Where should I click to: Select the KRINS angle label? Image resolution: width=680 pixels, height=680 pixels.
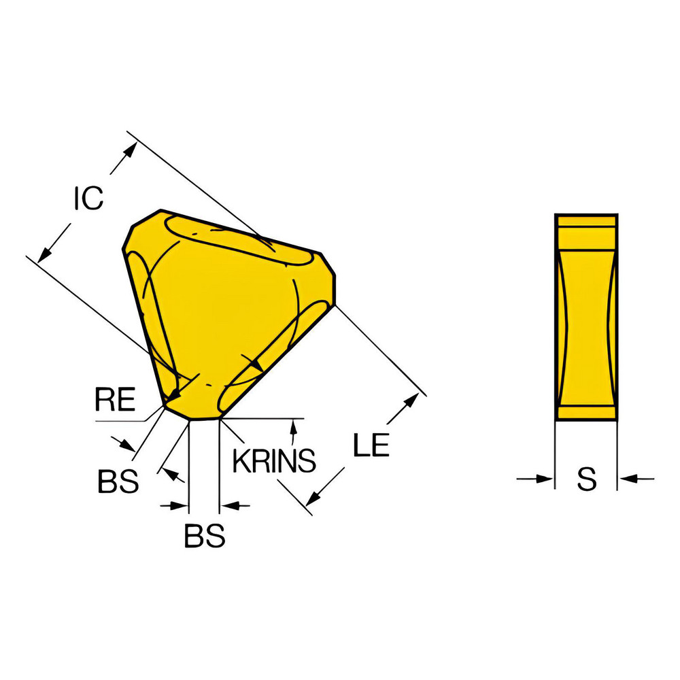[274, 461]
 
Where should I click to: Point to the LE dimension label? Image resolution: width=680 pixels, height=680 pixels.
[371, 446]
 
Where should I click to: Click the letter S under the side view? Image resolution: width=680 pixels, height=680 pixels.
[586, 479]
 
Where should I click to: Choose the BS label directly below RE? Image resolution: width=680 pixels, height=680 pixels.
[118, 482]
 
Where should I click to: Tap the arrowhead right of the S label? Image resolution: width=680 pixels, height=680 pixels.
[627, 479]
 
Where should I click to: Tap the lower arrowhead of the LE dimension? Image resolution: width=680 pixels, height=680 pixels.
[312, 499]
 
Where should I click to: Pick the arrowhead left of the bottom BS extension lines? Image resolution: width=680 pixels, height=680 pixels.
[181, 505]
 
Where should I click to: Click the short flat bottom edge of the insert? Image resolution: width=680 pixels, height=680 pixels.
[204, 419]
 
